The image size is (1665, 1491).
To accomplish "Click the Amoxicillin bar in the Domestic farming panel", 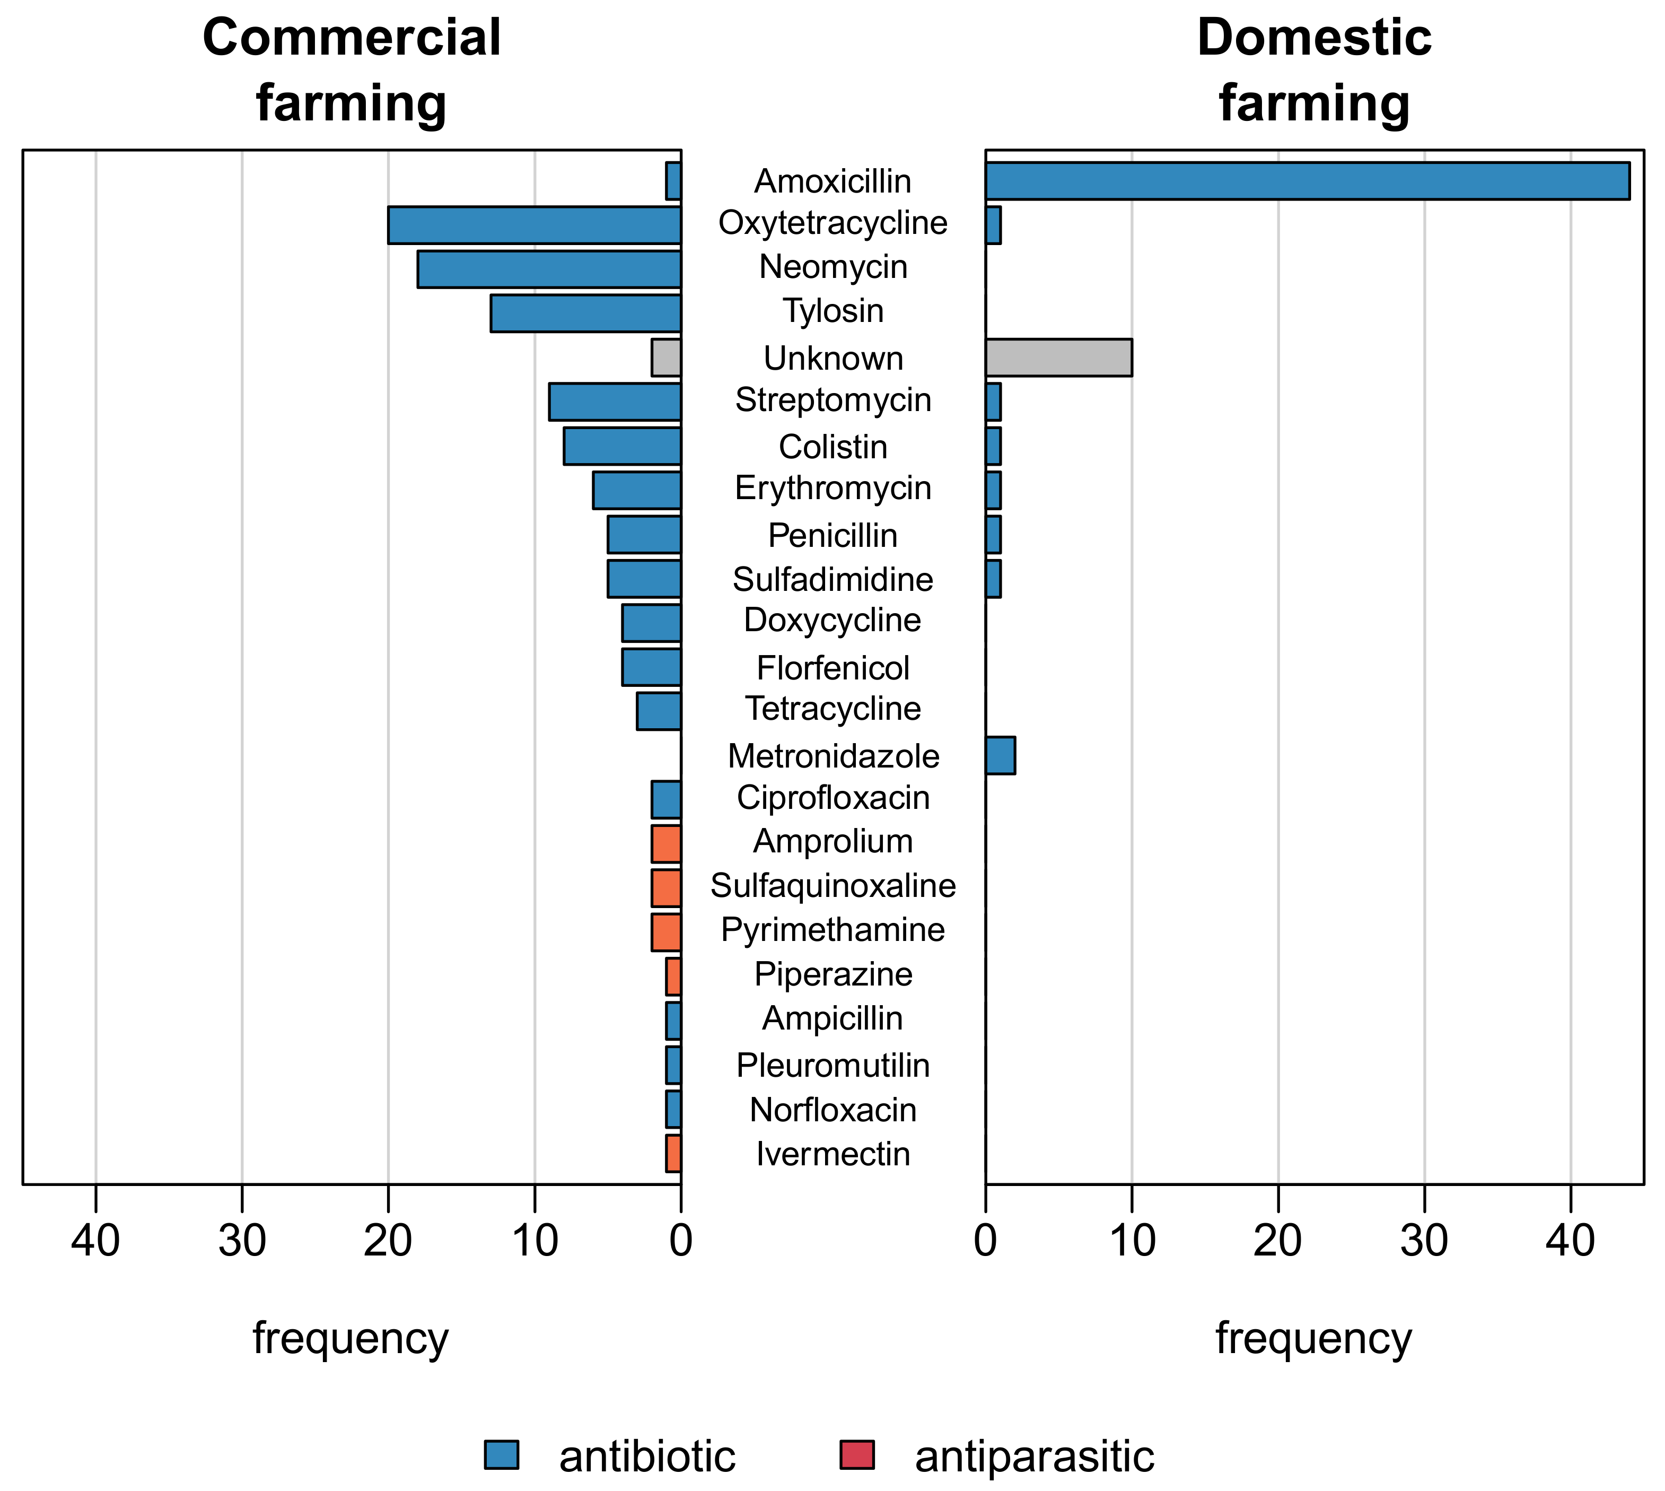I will (1307, 180).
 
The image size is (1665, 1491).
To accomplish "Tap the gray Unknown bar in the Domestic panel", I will (1058, 357).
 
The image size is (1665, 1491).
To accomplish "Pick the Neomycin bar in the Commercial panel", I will (549, 269).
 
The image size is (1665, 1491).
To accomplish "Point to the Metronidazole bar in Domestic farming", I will (1000, 754).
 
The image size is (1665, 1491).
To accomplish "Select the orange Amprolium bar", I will (666, 843).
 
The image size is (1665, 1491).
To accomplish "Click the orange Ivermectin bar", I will (673, 1153).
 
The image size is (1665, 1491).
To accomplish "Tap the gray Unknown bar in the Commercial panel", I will (666, 357).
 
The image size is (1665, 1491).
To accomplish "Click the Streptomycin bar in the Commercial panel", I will (614, 402).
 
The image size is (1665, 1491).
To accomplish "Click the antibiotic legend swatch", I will (501, 1454).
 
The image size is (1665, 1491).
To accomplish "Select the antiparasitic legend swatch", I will (857, 1454).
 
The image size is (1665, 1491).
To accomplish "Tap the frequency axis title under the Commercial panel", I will (350, 1339).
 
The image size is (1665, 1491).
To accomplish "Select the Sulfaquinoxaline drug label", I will (833, 886).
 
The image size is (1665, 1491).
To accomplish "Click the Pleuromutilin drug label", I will (833, 1065).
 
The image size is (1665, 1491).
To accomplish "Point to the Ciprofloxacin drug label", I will (833, 797).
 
